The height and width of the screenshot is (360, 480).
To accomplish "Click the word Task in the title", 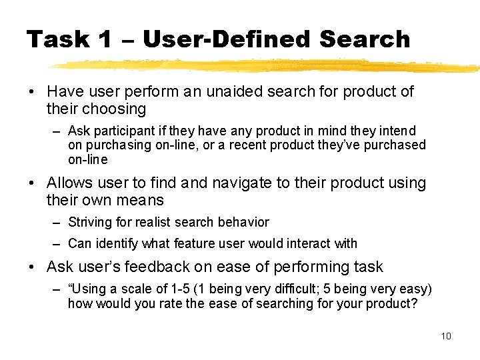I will pos(58,40).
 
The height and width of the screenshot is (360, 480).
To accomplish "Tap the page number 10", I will pos(446,336).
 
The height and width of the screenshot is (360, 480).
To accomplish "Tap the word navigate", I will pos(230,183).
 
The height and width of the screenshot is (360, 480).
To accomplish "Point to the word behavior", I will pos(244,222).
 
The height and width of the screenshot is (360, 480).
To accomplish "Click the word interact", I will pos(307,243).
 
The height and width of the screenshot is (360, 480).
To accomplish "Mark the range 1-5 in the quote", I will pos(179,289).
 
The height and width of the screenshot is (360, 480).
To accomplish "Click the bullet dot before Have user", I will pos(32,92).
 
